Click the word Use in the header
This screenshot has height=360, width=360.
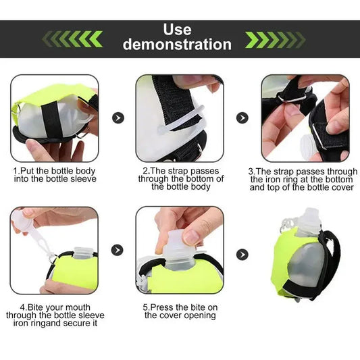pos(177,30)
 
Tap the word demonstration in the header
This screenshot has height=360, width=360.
pos(177,45)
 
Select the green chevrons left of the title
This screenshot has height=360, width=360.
pos(72,39)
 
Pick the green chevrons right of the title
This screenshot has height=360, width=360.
pos(273,39)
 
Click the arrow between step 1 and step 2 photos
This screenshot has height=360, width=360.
pos(118,118)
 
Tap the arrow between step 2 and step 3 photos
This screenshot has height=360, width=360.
pos(242,118)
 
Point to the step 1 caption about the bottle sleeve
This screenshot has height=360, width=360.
pos(55,175)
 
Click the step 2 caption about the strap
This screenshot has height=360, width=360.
pos(181,179)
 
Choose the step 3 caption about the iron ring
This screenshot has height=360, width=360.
pos(303,180)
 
